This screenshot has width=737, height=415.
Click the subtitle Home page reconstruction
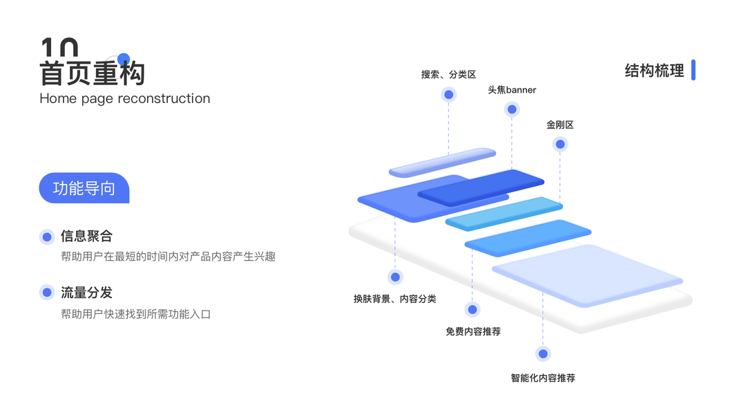pyautogui.click(x=124, y=98)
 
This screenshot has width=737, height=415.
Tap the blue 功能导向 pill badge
pyautogui.click(x=84, y=188)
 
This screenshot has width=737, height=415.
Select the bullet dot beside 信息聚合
pyautogui.click(x=47, y=237)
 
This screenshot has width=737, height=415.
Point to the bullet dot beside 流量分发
pyautogui.click(x=47, y=293)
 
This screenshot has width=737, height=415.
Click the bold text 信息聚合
pyautogui.click(x=86, y=237)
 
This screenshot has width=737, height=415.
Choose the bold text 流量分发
pyautogui.click(x=86, y=293)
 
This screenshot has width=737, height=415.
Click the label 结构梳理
pyautogui.click(x=654, y=71)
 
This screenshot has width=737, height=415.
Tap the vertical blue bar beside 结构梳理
pyautogui.click(x=693, y=70)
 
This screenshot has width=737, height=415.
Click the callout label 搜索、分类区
pyautogui.click(x=448, y=74)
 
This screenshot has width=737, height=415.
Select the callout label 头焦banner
pyautogui.click(x=512, y=90)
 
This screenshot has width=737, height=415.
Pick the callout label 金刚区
pyautogui.click(x=560, y=125)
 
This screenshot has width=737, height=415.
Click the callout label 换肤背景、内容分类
pyautogui.click(x=394, y=299)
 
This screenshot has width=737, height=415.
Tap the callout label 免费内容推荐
pyautogui.click(x=473, y=331)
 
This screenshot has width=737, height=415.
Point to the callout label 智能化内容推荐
pyautogui.click(x=543, y=378)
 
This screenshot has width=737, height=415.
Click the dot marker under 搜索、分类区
pyautogui.click(x=448, y=95)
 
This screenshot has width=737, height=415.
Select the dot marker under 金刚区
pyautogui.click(x=560, y=145)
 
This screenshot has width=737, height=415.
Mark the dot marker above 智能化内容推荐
pyautogui.click(x=543, y=354)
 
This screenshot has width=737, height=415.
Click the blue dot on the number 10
pyautogui.click(x=124, y=59)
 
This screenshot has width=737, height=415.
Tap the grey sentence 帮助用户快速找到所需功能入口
pyautogui.click(x=135, y=314)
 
